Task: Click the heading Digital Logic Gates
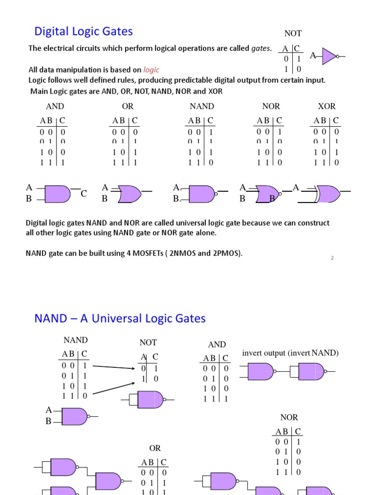coord(83,32)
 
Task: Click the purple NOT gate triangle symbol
coord(329,56)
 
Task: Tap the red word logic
coord(151,70)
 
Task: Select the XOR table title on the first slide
coord(327,106)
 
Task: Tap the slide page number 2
coord(332,258)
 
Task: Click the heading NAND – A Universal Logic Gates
coord(120,319)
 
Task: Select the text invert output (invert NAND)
coord(290,353)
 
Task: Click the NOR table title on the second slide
coord(289,417)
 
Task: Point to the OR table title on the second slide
coord(155,449)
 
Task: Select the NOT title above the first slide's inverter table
coord(293,33)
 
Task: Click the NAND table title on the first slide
coord(202,106)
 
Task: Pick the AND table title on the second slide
coord(216,345)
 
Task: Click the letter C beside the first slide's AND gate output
coord(84,194)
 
